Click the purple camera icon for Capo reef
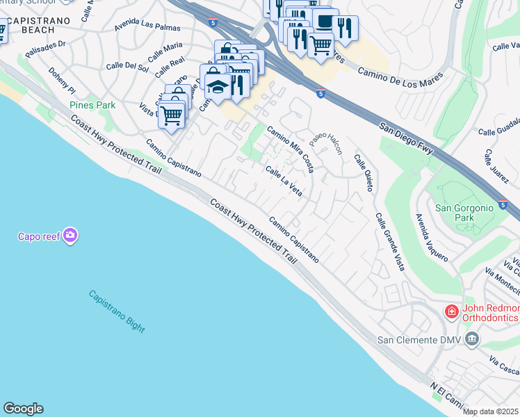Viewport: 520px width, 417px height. (x=70, y=236)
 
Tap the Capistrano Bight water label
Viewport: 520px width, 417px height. (x=116, y=311)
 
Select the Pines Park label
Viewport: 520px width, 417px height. (x=92, y=105)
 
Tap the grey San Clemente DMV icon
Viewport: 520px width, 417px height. (x=473, y=339)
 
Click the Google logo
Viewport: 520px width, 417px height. (x=23, y=409)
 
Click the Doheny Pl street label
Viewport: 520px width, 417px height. (x=61, y=81)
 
